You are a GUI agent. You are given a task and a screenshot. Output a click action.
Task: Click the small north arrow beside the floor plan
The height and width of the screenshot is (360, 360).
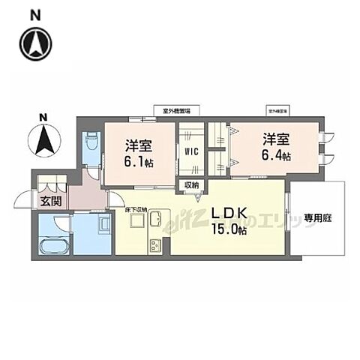tap(43, 138)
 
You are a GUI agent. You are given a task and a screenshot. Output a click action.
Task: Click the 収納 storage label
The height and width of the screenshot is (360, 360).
tap(190, 185)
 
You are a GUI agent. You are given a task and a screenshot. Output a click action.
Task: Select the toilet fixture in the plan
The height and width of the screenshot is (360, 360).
tap(91, 141)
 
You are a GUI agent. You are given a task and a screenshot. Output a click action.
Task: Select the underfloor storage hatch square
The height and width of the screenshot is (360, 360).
tap(136, 221)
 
